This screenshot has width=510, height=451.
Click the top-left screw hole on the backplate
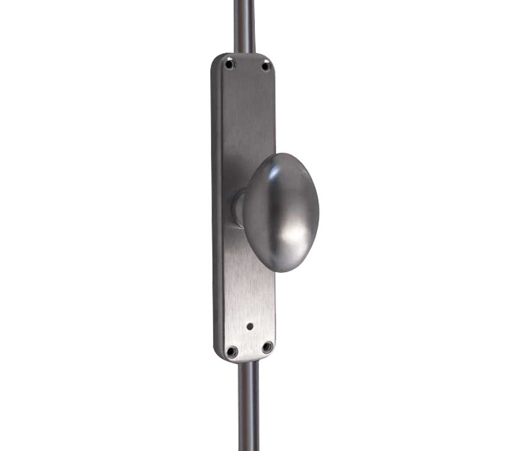[x=230, y=63]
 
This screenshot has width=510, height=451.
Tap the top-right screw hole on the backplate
[x=266, y=65]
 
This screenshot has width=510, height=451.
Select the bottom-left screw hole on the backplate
[x=231, y=352]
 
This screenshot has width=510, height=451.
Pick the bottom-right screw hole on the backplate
[x=267, y=348]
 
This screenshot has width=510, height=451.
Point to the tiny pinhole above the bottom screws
[x=249, y=326]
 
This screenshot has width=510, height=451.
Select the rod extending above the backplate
[x=244, y=25]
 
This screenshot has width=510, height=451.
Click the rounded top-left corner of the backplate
[x=217, y=59]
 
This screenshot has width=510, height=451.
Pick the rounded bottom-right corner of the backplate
[x=273, y=355]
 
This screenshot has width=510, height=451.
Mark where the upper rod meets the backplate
[x=244, y=53]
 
